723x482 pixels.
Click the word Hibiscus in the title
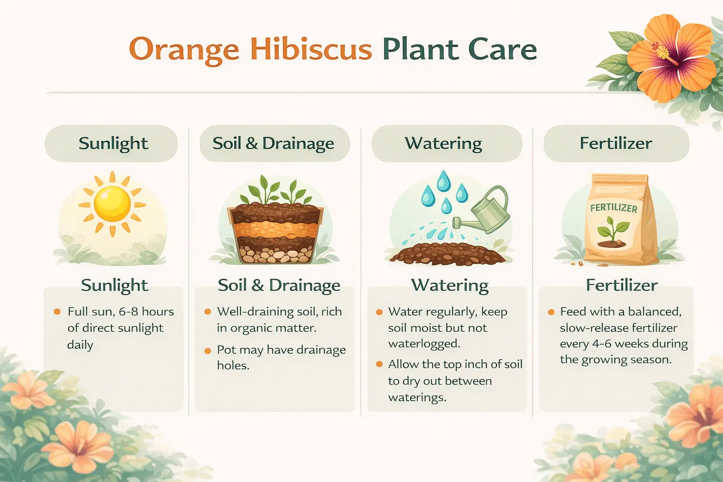coord(311,49)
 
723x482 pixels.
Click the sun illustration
coord(112,204)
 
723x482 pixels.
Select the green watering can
coord(481,210)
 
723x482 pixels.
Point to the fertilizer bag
coord(620,219)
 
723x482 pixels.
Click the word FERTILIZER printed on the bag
coord(614,208)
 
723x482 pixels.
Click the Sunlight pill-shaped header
coord(112,144)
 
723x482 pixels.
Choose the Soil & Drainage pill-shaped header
coord(274,144)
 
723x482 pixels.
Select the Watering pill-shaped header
coord(447,144)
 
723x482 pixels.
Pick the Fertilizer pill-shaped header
coord(617,144)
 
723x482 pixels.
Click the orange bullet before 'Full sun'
coord(57,312)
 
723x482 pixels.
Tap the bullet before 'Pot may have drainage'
coord(208,351)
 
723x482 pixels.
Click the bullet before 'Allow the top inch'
coord(379,364)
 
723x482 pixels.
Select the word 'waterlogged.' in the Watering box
coord(424,344)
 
